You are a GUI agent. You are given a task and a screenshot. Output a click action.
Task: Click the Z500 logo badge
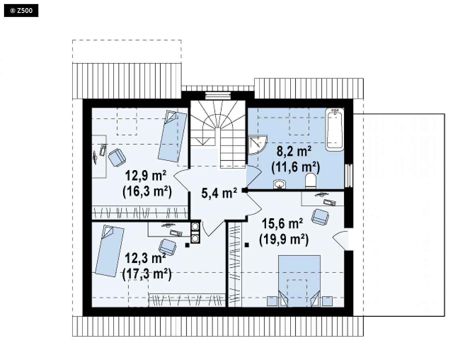click(x=21, y=11)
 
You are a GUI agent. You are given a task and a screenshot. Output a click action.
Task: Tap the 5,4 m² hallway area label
click(x=219, y=193)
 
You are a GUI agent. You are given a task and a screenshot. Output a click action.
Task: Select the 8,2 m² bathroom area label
click(x=294, y=151)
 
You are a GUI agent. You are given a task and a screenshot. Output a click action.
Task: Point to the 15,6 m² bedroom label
click(x=282, y=223)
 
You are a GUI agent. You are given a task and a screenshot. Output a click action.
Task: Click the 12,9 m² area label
click(x=146, y=175)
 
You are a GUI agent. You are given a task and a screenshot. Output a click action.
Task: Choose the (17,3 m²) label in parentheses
click(x=147, y=274)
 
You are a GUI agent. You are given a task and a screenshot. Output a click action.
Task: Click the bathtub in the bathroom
click(x=335, y=129)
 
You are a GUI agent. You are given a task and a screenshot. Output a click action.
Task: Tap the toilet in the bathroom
click(x=310, y=181)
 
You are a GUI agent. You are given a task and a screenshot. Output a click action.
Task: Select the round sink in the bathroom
click(x=279, y=184)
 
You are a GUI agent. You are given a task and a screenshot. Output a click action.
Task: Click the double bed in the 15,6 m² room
click(x=299, y=281)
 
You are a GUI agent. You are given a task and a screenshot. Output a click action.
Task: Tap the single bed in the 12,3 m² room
click(x=110, y=251)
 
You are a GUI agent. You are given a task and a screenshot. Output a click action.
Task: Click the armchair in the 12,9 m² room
click(x=117, y=157)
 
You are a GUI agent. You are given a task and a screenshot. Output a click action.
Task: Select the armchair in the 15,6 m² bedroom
click(x=320, y=217)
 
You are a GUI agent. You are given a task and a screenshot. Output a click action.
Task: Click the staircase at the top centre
click(x=218, y=134)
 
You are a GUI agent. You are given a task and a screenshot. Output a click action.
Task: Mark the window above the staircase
click(x=218, y=95)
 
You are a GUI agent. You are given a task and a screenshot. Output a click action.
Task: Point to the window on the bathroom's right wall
click(x=349, y=175)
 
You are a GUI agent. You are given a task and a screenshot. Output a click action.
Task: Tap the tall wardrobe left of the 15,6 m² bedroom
click(x=235, y=265)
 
